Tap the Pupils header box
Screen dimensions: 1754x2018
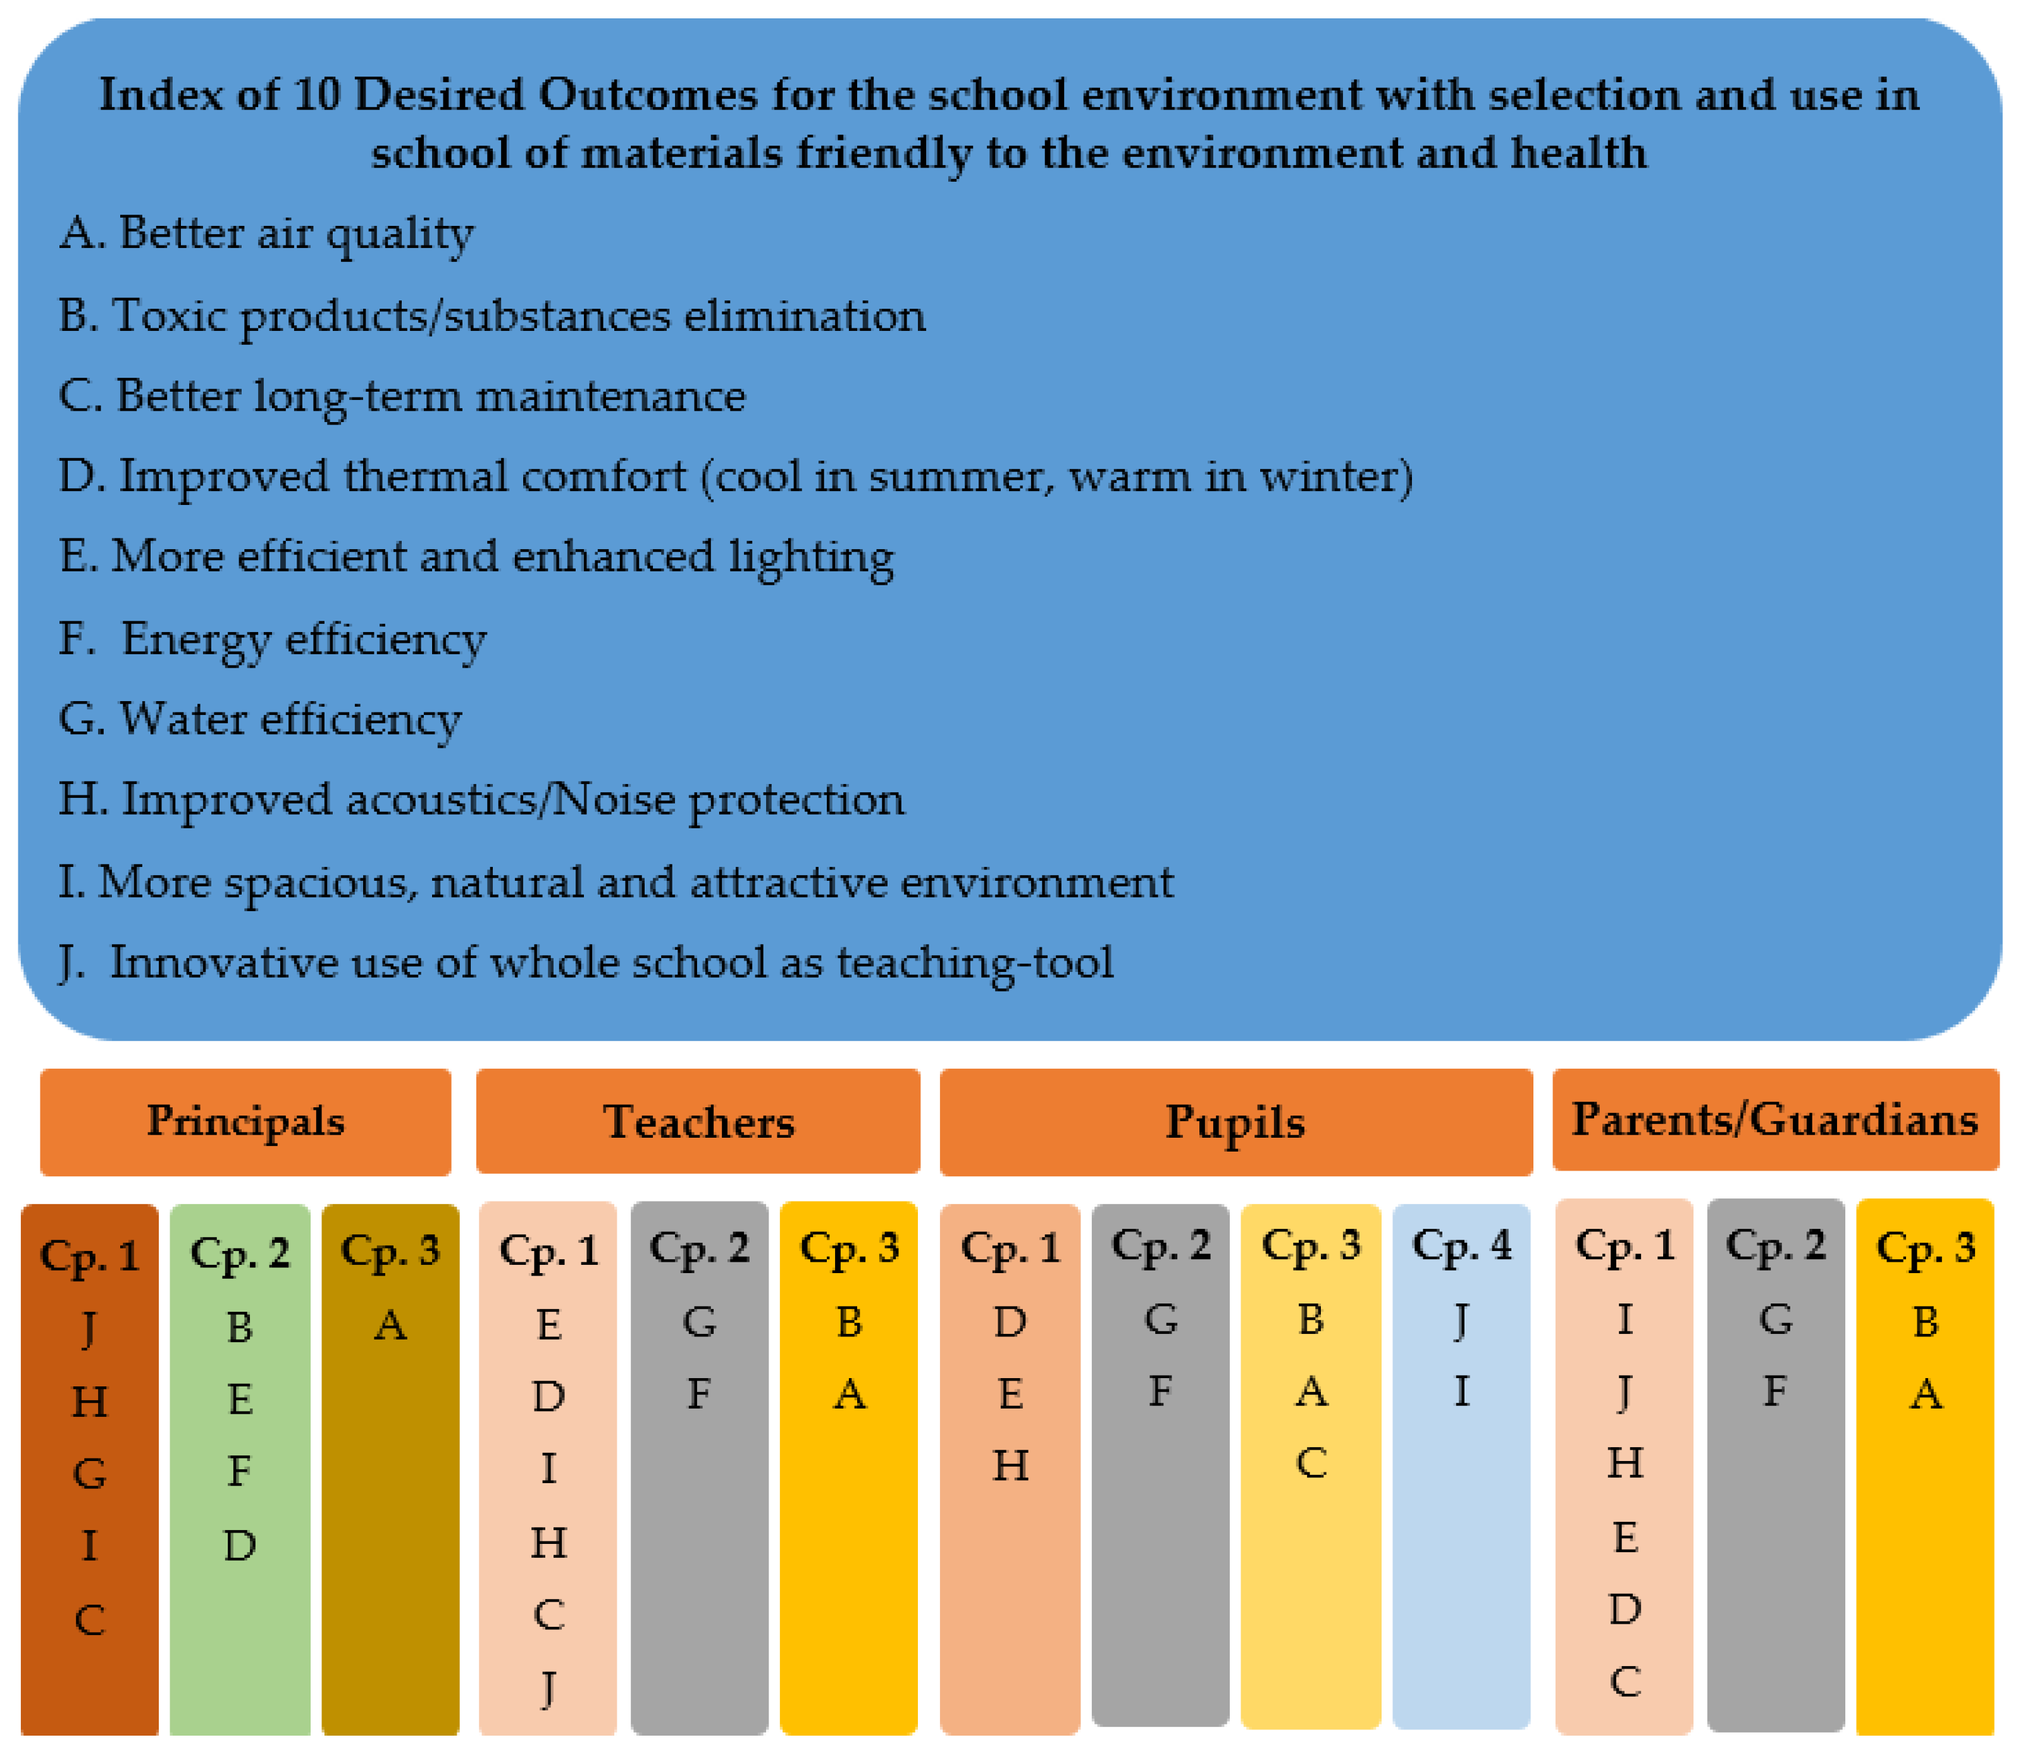(1235, 1122)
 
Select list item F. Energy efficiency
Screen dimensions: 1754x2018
(272, 639)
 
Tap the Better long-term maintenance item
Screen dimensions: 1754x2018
(401, 396)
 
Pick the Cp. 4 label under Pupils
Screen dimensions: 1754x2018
(1461, 1245)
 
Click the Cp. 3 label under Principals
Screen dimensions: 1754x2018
(390, 1250)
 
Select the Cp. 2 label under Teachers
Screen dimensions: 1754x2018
(699, 1247)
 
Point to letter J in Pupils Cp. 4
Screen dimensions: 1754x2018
(1461, 1319)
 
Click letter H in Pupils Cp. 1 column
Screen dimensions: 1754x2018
(1010, 1465)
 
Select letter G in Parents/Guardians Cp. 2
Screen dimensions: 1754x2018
(1775, 1319)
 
